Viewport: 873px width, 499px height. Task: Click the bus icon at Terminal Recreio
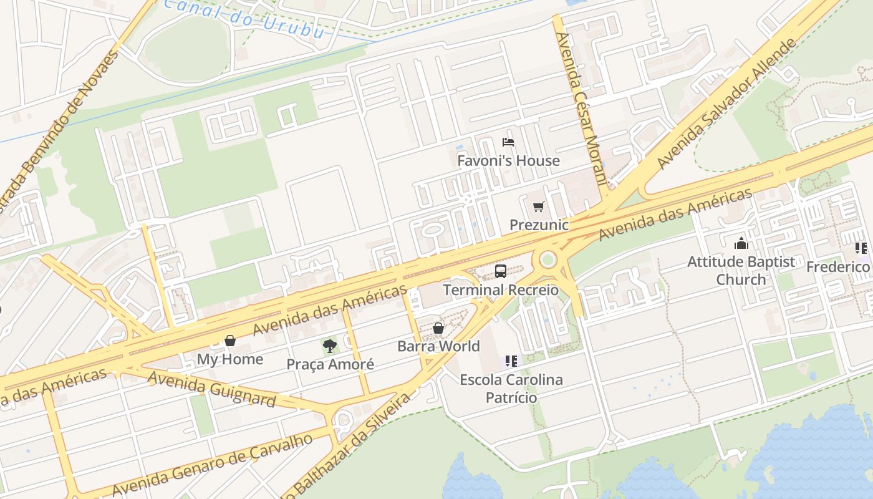click(x=500, y=271)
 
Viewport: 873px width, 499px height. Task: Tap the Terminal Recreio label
click(x=501, y=290)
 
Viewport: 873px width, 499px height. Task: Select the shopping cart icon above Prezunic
click(x=538, y=206)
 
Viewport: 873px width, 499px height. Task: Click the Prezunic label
click(x=539, y=225)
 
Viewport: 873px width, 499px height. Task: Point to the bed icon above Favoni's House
click(x=508, y=142)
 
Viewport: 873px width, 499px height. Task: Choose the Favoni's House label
click(x=508, y=160)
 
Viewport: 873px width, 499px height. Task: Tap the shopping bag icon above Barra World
click(x=438, y=328)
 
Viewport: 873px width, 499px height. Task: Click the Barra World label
click(x=438, y=346)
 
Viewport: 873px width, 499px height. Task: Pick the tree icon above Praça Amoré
click(x=330, y=346)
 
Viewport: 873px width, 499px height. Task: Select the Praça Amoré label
click(x=330, y=364)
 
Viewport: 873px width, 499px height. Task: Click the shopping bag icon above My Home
click(x=230, y=341)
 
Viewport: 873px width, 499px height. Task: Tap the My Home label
click(x=230, y=359)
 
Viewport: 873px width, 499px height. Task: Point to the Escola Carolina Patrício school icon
click(x=511, y=361)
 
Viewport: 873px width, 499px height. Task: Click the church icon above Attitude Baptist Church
click(x=741, y=243)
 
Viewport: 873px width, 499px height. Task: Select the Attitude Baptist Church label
click(x=741, y=270)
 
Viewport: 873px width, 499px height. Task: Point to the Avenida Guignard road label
click(x=212, y=387)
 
